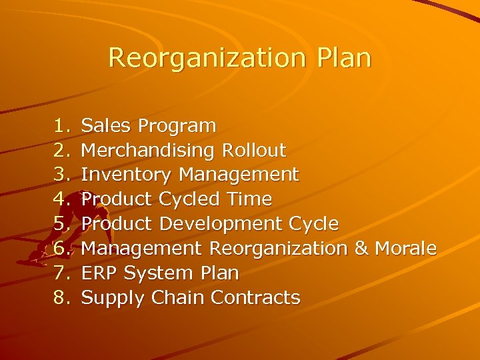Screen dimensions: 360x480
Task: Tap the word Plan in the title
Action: click(x=343, y=57)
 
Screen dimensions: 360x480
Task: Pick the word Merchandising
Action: click(x=146, y=150)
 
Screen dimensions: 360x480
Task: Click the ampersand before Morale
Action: click(x=361, y=249)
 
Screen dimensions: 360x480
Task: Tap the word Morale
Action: click(x=406, y=249)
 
